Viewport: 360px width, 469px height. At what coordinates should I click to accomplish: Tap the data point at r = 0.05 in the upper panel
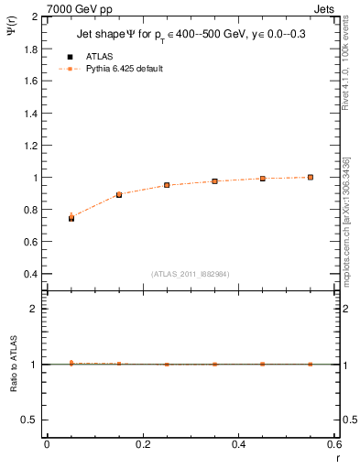coord(71,218)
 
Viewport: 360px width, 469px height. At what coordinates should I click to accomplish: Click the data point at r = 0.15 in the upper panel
coord(119,195)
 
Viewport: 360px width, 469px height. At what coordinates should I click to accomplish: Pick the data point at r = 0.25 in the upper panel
coord(167,185)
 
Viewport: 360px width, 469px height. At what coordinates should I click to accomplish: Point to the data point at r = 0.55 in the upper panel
coord(311,177)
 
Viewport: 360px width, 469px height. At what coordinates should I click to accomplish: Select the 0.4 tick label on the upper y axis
coord(30,274)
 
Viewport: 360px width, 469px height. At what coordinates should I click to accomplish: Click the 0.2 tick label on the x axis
coord(143,444)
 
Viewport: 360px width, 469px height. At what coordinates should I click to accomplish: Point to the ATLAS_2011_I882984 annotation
coord(191,273)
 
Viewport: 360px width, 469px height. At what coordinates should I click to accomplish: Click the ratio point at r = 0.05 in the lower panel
coord(71,364)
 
